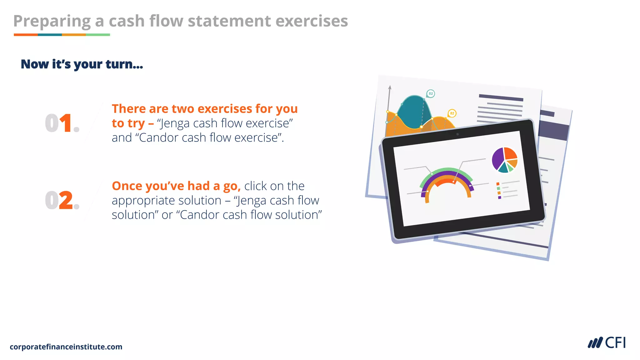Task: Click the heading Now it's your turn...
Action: click(82, 64)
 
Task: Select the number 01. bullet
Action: click(62, 123)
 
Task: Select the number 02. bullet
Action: click(62, 200)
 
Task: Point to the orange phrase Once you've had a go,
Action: click(176, 186)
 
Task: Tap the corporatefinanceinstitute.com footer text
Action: click(66, 347)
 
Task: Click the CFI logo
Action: click(607, 343)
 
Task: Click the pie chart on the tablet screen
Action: click(504, 160)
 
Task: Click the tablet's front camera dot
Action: click(457, 134)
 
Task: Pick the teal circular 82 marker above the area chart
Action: click(431, 93)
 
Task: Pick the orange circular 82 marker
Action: click(452, 113)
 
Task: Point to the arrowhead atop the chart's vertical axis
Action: click(390, 87)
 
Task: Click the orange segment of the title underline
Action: click(26, 35)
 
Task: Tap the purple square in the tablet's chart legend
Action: click(500, 197)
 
